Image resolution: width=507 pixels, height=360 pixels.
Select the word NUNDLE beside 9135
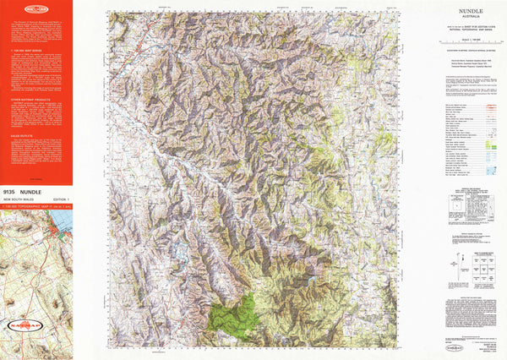click(43, 192)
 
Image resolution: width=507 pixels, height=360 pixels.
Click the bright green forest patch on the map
click(235, 314)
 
